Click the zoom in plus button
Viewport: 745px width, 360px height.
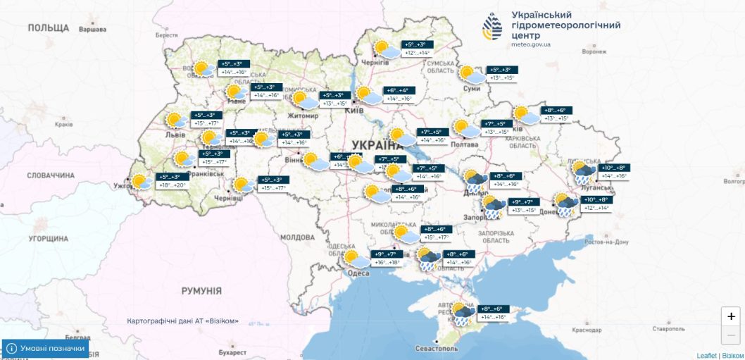(x=732, y=316)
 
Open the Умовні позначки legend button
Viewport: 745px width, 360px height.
(x=46, y=348)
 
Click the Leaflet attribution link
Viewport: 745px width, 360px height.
(x=706, y=355)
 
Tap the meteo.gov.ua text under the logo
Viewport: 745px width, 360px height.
(x=532, y=44)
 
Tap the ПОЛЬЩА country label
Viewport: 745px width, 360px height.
(x=49, y=27)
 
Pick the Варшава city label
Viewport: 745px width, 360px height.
(x=92, y=30)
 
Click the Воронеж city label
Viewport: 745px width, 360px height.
(x=594, y=51)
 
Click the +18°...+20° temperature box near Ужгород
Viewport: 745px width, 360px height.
(x=170, y=185)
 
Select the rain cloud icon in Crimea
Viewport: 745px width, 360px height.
(x=463, y=314)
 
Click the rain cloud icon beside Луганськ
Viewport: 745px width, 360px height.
(x=583, y=173)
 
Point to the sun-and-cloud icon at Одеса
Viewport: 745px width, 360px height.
(x=357, y=259)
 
